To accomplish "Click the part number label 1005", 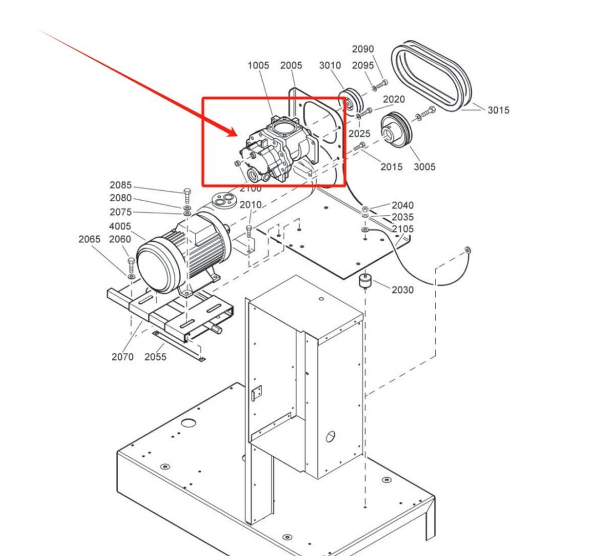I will (x=258, y=66).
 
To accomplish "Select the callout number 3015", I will (x=498, y=110).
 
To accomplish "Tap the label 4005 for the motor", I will (x=120, y=227).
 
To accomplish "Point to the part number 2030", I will (x=403, y=290).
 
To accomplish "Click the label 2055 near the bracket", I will (x=155, y=357).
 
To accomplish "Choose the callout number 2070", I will (x=122, y=357).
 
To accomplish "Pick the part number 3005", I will (x=424, y=167).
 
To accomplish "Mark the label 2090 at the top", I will (x=363, y=49).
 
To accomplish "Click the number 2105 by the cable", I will (x=403, y=229).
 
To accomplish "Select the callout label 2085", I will (x=121, y=186).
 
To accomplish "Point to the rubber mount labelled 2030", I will (x=365, y=282).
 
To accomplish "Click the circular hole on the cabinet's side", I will (x=330, y=435).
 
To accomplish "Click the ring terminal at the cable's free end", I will (x=468, y=250).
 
